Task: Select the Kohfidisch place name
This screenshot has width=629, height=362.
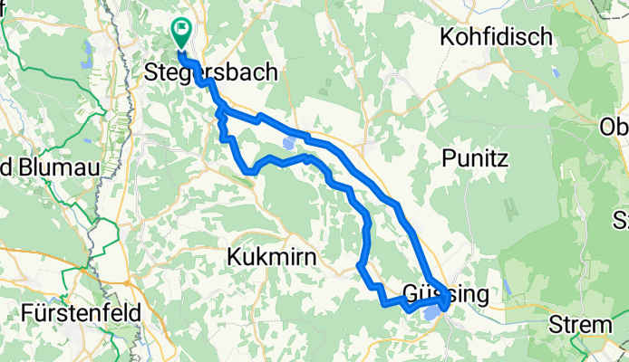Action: click(496, 37)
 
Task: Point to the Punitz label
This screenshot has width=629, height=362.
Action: click(479, 157)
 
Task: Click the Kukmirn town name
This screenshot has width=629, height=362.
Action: click(272, 257)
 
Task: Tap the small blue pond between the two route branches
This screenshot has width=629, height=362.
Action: click(287, 143)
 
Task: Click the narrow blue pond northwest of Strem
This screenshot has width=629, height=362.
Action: click(507, 289)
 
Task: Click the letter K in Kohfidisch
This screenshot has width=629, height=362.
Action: click(446, 37)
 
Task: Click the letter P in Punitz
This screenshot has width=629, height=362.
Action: click(448, 157)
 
